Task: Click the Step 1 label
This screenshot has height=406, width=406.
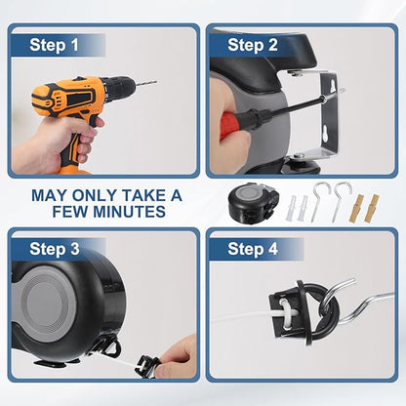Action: point(54,45)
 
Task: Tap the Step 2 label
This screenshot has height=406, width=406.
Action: point(253,45)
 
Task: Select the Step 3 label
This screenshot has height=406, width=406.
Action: point(55,249)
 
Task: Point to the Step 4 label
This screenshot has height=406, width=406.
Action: point(253,249)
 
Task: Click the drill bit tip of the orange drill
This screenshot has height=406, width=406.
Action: point(156,82)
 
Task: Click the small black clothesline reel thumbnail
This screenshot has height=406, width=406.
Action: point(253,203)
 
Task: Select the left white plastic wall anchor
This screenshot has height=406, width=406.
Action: point(291,208)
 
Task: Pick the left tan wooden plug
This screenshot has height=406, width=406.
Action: point(356,209)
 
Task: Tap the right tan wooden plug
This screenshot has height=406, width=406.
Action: point(371,208)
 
